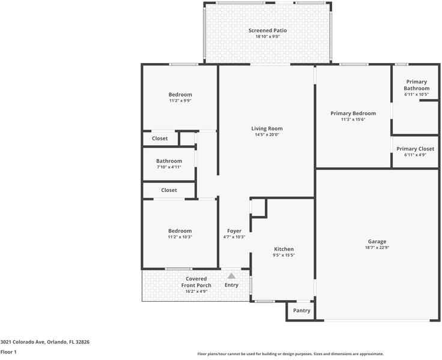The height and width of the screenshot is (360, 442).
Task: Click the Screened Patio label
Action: pyautogui.click(x=267, y=31)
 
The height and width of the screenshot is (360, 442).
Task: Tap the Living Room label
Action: pyautogui.click(x=267, y=128)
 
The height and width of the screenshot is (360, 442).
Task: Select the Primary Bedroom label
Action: pyautogui.click(x=353, y=113)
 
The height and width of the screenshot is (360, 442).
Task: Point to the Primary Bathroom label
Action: pyautogui.click(x=416, y=85)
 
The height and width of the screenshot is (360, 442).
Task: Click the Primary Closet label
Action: pyautogui.click(x=415, y=149)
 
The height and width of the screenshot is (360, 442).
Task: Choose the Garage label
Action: pyautogui.click(x=377, y=241)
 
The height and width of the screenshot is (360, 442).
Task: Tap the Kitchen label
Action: pyautogui.click(x=283, y=249)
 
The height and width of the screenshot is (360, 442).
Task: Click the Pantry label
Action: pyautogui.click(x=301, y=310)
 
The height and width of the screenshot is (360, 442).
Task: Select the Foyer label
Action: pyautogui.click(x=234, y=231)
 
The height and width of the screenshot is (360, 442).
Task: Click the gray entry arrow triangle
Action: pyautogui.click(x=231, y=276)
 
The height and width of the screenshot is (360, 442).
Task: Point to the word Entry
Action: pyautogui.click(x=231, y=285)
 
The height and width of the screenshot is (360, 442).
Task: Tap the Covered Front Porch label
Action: pyautogui.click(x=196, y=282)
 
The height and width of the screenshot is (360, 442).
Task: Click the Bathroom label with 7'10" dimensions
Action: pyautogui.click(x=169, y=161)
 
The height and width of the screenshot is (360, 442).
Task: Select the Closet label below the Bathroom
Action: pyautogui.click(x=169, y=190)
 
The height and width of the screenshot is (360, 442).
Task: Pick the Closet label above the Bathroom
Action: pyautogui.click(x=160, y=139)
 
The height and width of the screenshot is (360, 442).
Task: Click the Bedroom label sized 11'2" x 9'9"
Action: pyautogui.click(x=180, y=95)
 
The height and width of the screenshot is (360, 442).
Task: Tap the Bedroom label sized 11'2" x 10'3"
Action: pyautogui.click(x=180, y=231)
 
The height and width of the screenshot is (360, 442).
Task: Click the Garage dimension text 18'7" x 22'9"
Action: pyautogui.click(x=377, y=248)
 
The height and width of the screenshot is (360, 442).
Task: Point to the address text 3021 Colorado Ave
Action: pyautogui.click(x=22, y=342)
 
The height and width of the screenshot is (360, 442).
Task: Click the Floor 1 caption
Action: pyautogui.click(x=8, y=352)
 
